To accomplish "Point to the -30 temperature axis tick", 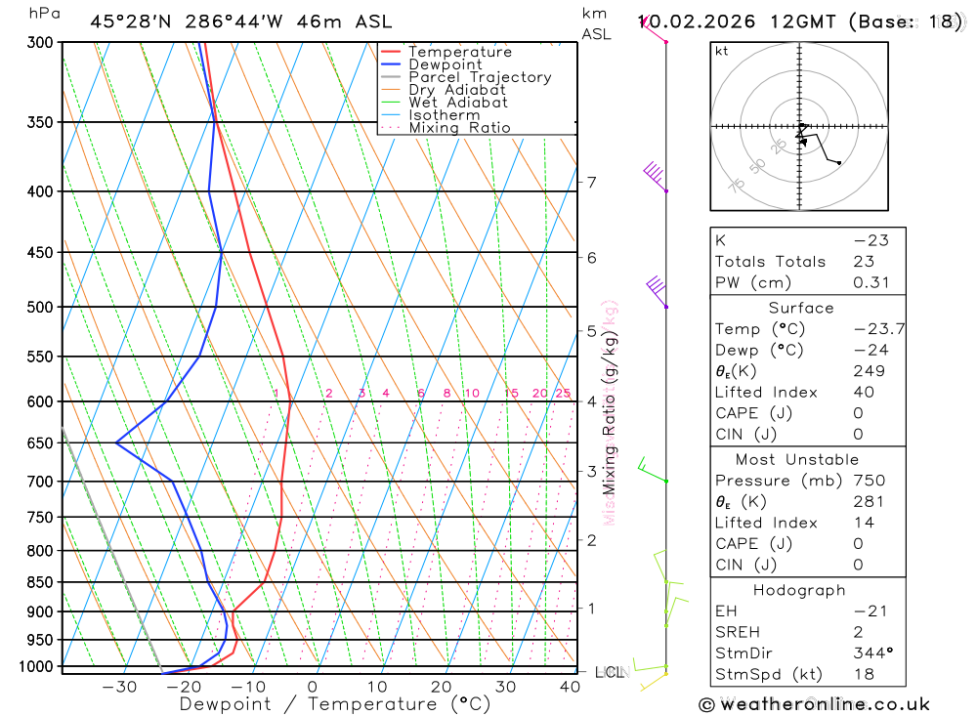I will pos(119,687).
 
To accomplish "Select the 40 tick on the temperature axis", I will pos(571,687).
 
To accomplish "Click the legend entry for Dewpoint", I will pos(445,64).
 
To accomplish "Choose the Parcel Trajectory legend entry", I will pos(480,77).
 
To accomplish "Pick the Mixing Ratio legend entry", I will pos(459,128).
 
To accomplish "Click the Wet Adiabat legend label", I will pos(457,103).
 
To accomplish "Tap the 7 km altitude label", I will pos(591,182).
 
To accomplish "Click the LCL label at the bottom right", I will pos(609,672).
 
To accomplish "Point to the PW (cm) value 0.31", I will pos(871,282).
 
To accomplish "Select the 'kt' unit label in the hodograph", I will pos(722,52).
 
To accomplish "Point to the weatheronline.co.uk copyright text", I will pos(814,704).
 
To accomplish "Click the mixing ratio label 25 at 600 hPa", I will pos(563,394).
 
